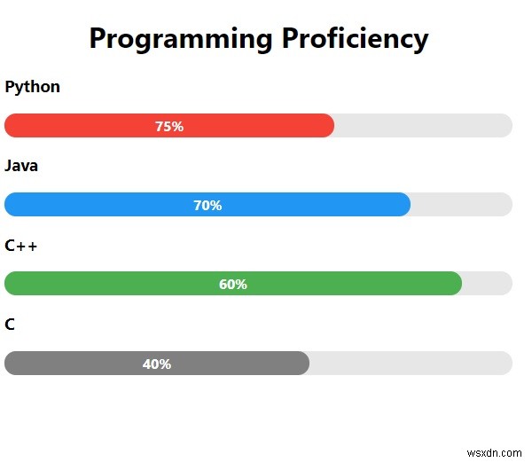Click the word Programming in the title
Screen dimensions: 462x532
point(181,39)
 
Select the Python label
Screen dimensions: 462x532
point(33,87)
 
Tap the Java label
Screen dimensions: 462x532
point(21,166)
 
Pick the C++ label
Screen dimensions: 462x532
point(21,246)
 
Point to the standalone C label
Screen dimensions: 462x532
point(10,325)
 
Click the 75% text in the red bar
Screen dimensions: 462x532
point(168,127)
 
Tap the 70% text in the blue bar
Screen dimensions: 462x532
point(207,206)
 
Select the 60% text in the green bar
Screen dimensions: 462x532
point(232,285)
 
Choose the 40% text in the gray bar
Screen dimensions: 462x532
point(157,364)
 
